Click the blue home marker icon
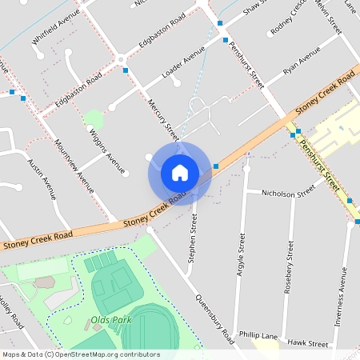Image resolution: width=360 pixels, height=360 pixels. [x=179, y=173]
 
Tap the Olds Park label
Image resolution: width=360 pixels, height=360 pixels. [x=110, y=320]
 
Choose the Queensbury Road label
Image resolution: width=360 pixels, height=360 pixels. [x=214, y=316]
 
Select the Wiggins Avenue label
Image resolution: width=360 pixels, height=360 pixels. [x=106, y=150]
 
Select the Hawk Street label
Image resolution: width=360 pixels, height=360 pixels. [x=308, y=342]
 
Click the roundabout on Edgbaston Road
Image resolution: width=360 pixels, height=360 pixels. [x=120, y=58]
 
